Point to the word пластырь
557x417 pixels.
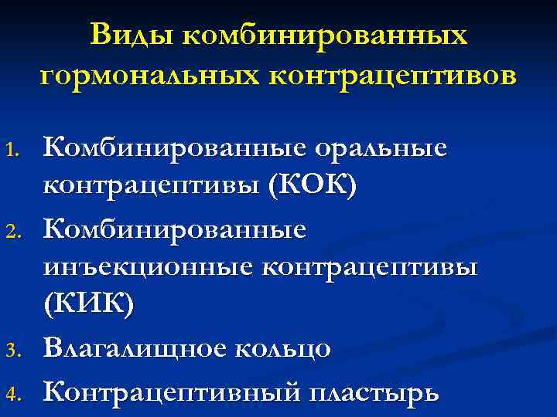pos(375,392)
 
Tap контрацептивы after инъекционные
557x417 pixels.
pos(371,266)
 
